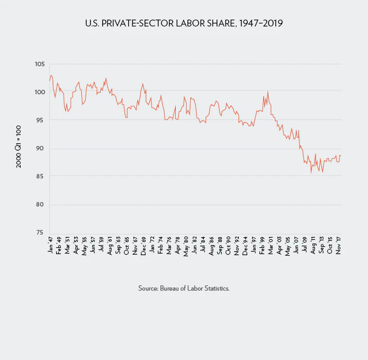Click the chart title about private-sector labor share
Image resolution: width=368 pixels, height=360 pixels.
coord(184,24)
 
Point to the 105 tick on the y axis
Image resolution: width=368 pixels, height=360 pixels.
coord(39,64)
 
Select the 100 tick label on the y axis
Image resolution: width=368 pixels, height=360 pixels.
coord(39,92)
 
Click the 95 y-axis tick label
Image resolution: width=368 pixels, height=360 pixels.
coord(40,120)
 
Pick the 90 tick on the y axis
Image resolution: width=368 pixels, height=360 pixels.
coord(40,148)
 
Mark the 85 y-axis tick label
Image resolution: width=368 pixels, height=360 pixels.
coord(40,176)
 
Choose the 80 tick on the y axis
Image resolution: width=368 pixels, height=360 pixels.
coord(40,204)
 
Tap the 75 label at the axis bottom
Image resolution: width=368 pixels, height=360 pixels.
coord(40,232)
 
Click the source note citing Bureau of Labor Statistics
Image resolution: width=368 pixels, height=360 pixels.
coord(184,289)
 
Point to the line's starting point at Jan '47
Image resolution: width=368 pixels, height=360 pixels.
coord(49,80)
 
